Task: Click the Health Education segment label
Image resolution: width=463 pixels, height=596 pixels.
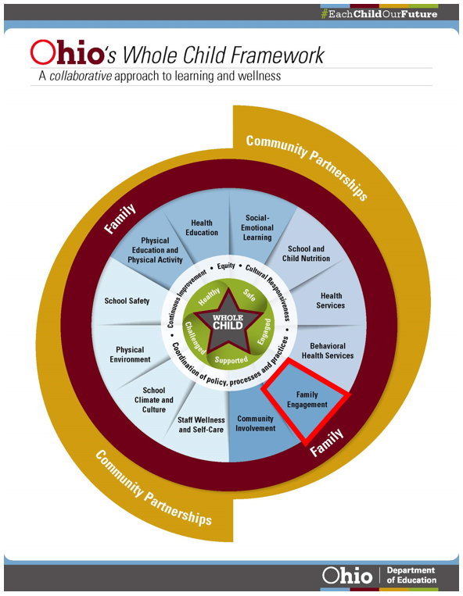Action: click(202, 227)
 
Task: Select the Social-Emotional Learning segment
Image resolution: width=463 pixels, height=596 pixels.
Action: click(257, 227)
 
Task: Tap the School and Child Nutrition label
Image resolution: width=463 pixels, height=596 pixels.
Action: click(306, 254)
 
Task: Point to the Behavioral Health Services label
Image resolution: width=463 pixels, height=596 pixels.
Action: click(327, 351)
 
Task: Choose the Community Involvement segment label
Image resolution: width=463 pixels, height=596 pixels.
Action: click(255, 423)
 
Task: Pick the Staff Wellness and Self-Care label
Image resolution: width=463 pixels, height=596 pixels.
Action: click(202, 425)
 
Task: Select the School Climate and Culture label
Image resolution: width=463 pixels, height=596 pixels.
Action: click(154, 400)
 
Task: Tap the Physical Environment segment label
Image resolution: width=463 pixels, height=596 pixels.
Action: click(131, 355)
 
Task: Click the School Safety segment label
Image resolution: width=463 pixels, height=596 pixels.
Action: click(127, 301)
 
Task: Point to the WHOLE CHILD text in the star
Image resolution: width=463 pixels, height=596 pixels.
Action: click(228, 322)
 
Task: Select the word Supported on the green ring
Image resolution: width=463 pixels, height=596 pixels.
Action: click(231, 360)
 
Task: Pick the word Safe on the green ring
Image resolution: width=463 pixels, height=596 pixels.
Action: click(249, 295)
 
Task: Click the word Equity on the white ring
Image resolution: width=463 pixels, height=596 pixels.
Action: click(226, 266)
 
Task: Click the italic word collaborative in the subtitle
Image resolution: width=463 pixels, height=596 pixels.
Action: click(78, 77)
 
